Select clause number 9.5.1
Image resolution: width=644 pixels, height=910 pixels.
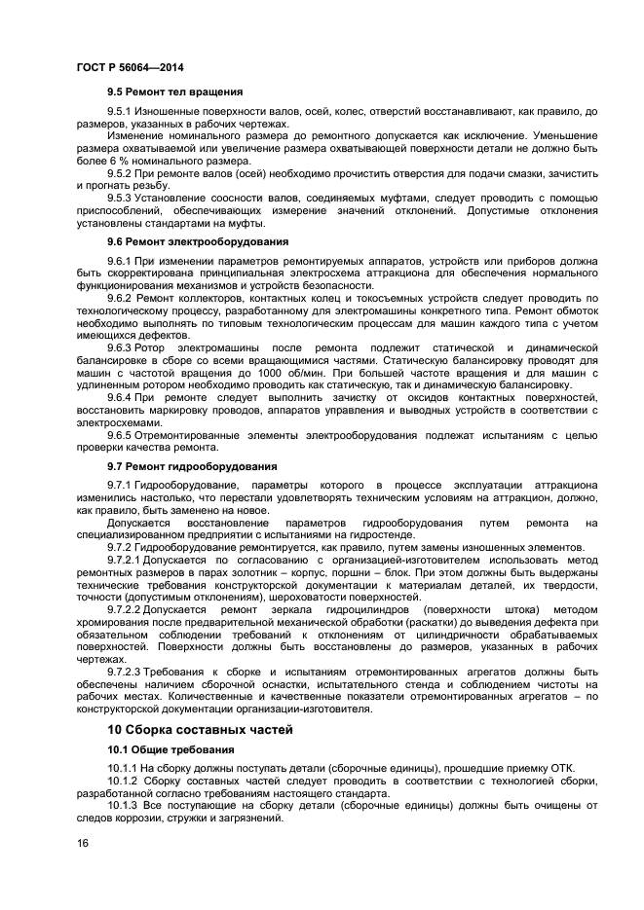[x=120, y=112]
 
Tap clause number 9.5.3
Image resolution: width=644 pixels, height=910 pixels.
[x=120, y=198]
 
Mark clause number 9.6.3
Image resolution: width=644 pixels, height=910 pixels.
[x=120, y=347]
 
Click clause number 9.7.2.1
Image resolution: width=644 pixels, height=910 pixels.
[x=124, y=561]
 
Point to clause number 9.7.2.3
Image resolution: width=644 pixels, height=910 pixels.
[x=124, y=673]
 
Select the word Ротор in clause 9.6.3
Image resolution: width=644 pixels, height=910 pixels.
[x=154, y=347]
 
